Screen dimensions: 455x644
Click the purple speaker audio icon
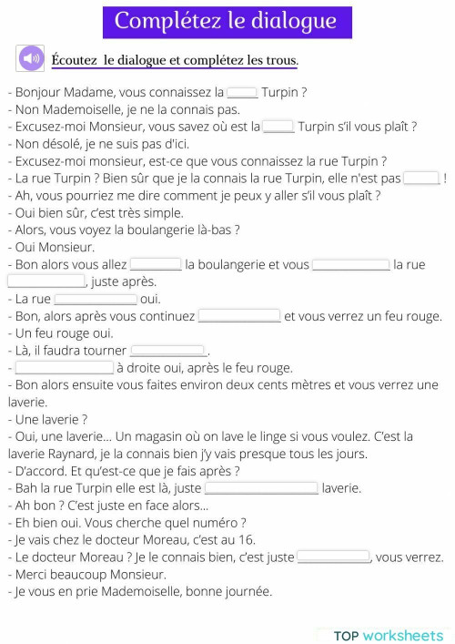pos(31,59)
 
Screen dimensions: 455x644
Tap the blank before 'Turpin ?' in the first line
pos(242,92)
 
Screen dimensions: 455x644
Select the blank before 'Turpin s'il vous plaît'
pos(278,127)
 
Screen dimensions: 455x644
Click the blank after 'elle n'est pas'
pos(421,178)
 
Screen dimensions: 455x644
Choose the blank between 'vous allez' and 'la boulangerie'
pos(157,264)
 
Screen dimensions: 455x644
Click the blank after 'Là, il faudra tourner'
pos(168,351)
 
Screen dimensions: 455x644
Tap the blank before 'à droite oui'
pos(65,368)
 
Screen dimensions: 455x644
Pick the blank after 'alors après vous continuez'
pos(239,316)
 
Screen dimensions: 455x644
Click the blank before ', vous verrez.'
pos(334,557)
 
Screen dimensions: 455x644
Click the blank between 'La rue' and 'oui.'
pos(96,299)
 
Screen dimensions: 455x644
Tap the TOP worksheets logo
pos(389,635)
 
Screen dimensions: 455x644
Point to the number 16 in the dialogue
pos(248,539)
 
